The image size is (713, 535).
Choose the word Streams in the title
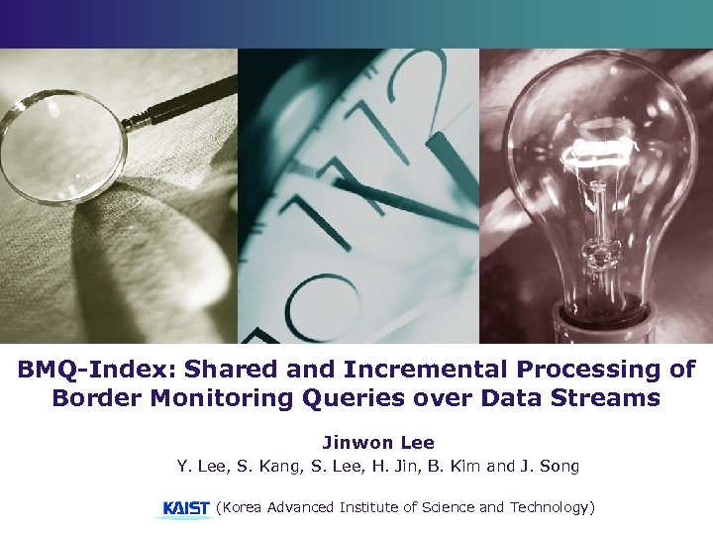pyautogui.click(x=607, y=398)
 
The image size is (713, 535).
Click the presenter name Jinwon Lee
pyautogui.click(x=377, y=443)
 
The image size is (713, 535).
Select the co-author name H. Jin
pyautogui.click(x=389, y=465)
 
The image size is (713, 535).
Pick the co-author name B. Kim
pyautogui.click(x=453, y=465)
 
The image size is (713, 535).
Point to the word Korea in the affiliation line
pyautogui.click(x=245, y=507)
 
